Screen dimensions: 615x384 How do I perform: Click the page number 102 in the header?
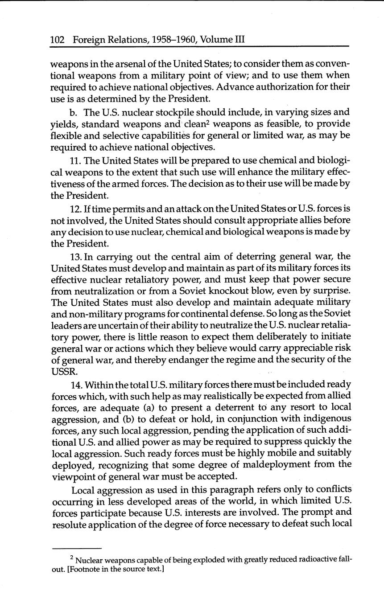[x=58, y=40]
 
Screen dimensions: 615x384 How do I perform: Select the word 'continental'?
[x=215, y=314]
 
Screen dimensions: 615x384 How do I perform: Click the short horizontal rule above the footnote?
[x=77, y=548]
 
